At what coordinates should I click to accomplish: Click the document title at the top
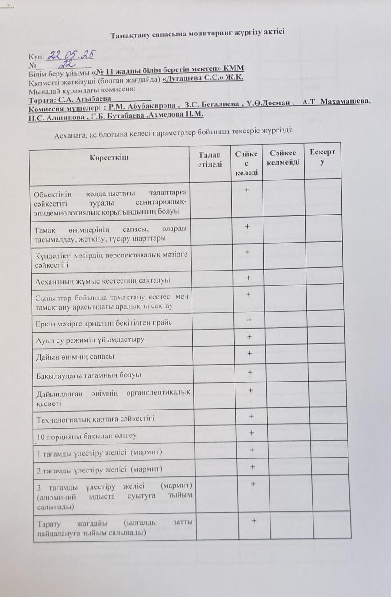pos(197,34)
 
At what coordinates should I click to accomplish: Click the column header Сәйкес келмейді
pos(282,158)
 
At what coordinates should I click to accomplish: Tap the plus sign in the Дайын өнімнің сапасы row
pos(250,354)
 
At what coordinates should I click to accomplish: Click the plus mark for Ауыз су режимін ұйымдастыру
pos(250,337)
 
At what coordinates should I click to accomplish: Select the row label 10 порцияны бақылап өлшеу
pos(87,436)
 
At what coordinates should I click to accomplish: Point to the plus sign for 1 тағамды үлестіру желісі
pos(252,450)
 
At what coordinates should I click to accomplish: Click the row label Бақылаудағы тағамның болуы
pos(89,375)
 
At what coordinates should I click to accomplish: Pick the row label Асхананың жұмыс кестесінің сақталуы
pos(102,281)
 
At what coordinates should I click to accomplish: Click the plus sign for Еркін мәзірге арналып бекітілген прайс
pos(249,320)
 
